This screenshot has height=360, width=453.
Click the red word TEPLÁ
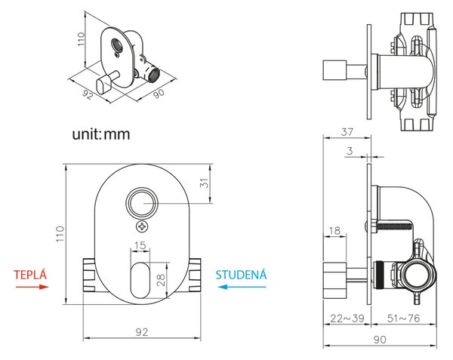click(x=30, y=274)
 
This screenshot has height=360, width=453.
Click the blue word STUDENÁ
click(x=241, y=274)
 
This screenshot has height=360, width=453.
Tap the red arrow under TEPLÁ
click(x=32, y=287)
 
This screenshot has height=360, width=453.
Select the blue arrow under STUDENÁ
click(x=242, y=287)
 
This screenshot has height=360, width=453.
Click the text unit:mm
click(x=101, y=134)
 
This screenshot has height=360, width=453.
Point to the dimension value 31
click(x=204, y=183)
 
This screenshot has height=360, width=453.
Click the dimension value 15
click(x=140, y=245)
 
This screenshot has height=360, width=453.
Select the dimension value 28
click(x=161, y=280)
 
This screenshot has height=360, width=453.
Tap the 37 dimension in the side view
click(x=347, y=132)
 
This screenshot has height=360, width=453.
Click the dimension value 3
click(x=350, y=151)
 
